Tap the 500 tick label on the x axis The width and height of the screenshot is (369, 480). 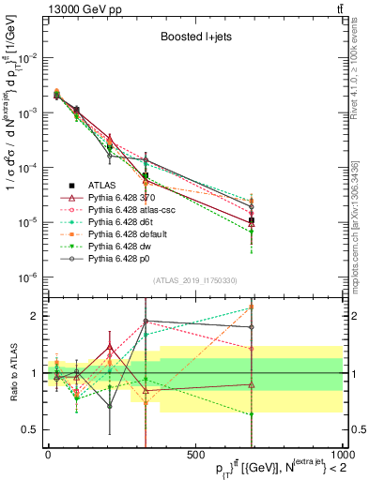[x=194, y=455]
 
